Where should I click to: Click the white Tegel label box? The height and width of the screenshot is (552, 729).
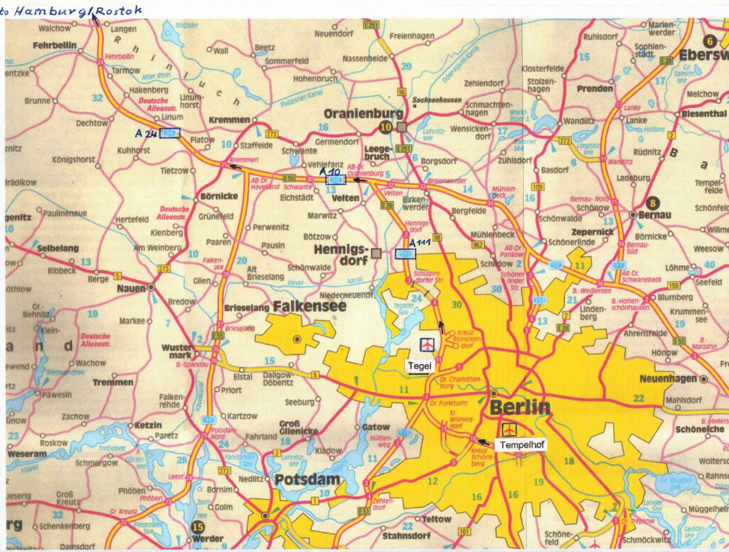(420, 366)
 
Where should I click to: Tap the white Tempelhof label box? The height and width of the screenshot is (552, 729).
(519, 445)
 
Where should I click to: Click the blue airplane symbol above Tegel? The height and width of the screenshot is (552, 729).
(427, 344)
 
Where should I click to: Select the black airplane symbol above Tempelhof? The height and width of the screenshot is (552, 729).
(509, 429)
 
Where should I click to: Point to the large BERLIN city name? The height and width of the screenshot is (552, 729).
(520, 407)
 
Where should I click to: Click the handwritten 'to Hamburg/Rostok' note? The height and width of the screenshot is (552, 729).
(71, 11)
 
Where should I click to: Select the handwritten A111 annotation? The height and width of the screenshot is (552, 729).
(420, 242)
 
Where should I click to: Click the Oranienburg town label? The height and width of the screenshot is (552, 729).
(363, 114)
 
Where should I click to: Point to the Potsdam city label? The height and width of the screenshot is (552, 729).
(307, 479)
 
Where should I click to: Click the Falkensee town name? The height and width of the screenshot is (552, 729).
(309, 306)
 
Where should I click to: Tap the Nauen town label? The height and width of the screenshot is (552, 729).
(131, 289)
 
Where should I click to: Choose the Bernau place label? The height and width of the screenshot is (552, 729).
(655, 215)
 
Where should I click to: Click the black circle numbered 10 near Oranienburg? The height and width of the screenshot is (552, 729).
(385, 127)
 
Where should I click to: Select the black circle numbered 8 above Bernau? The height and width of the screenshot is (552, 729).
(652, 203)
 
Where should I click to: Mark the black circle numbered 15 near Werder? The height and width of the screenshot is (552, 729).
(198, 527)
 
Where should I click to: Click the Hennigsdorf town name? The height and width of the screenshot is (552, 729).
(340, 255)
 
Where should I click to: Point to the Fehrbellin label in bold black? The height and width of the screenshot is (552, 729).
(55, 46)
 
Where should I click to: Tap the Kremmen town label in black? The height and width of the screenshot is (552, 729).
(229, 120)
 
